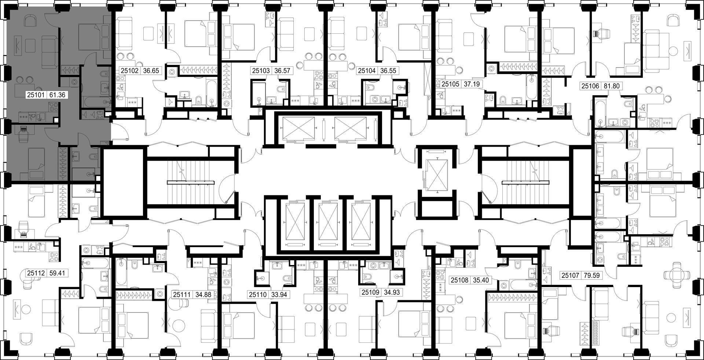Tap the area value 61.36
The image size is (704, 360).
(57, 95)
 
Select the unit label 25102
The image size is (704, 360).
(130, 71)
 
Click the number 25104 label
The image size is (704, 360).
(367, 71)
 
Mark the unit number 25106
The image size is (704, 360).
(590, 86)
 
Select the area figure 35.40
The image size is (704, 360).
(480, 280)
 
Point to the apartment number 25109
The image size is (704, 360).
(370, 292)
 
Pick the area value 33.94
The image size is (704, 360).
(279, 294)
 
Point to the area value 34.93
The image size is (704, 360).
(392, 292)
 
